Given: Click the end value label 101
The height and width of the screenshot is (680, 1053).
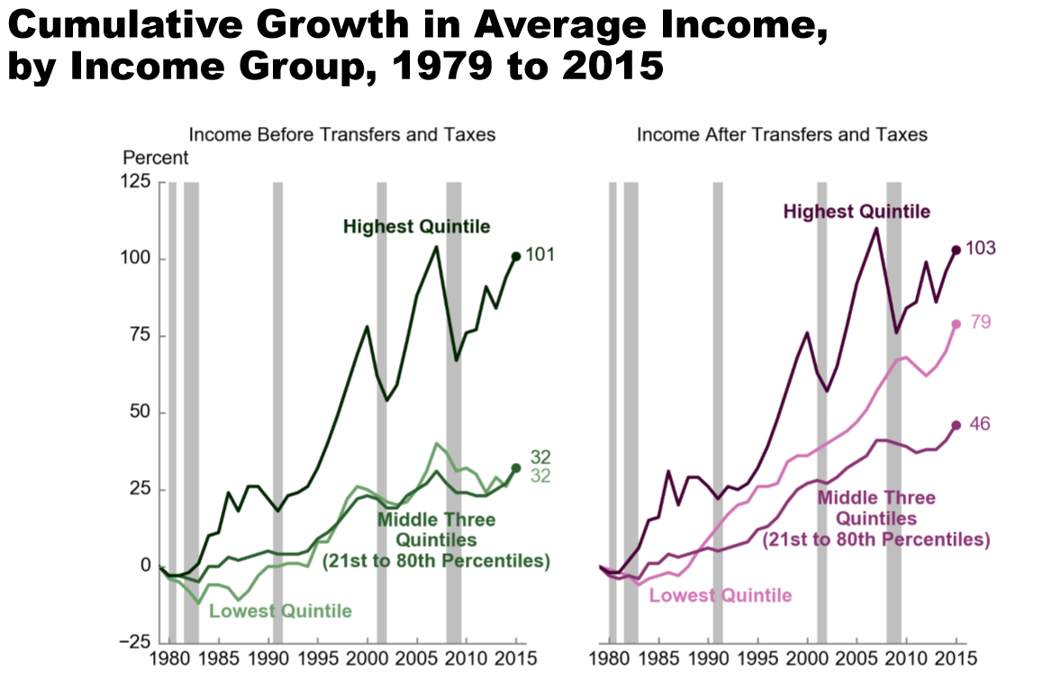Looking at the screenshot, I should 540,256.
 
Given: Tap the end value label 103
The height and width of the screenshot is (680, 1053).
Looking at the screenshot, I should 980,249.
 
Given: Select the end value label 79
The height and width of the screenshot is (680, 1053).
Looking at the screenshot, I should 980,322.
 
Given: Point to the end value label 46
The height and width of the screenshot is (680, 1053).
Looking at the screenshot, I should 980,423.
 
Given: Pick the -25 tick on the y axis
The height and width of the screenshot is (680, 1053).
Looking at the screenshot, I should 135,642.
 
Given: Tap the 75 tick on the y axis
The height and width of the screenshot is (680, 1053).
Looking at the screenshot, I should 140,336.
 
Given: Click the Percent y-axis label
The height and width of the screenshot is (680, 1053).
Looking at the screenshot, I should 156,158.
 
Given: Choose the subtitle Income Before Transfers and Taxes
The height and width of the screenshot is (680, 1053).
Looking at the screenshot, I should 342,135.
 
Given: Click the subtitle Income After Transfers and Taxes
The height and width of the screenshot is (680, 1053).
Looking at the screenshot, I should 782,135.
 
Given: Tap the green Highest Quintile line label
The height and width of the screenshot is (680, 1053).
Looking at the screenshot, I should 416,226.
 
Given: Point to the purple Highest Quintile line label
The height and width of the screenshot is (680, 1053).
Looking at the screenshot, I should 856,212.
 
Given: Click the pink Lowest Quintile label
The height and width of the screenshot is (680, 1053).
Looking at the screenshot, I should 721,595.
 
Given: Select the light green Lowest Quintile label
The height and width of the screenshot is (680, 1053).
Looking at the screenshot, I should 280,612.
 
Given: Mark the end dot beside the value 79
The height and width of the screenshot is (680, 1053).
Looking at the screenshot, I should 957,324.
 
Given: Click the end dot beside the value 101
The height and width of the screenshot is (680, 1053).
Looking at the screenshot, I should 516,257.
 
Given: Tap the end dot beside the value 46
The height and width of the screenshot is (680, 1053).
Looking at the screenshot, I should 957,425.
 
